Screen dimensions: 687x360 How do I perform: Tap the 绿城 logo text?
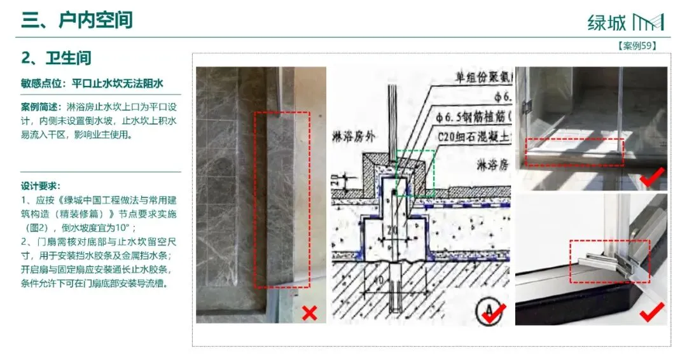click(607, 22)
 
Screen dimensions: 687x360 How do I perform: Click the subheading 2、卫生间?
click(56, 59)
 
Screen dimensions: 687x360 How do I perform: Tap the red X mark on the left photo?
click(309, 312)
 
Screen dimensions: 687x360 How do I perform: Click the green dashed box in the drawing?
click(415, 172)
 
